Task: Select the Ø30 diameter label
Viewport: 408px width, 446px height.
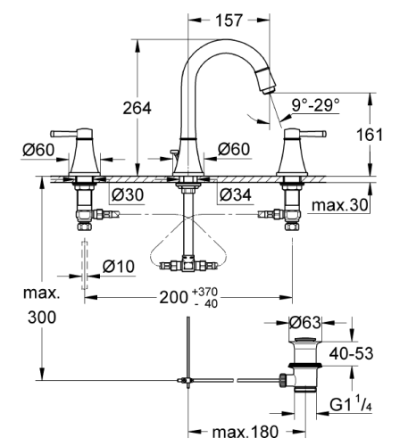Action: click(x=129, y=194)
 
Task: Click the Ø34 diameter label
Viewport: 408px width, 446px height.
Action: click(x=236, y=194)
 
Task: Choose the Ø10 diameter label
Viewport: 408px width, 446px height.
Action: click(x=118, y=265)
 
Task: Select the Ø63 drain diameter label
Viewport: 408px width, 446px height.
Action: click(x=306, y=321)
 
